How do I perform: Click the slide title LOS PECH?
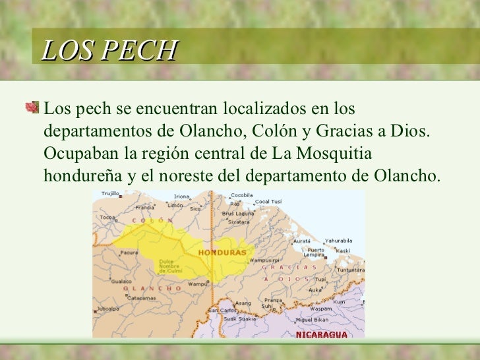pyautogui.click(x=110, y=51)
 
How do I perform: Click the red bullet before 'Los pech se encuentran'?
pyautogui.click(x=33, y=106)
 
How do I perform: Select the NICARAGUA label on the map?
pyautogui.click(x=321, y=334)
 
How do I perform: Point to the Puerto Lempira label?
pyautogui.click(x=315, y=253)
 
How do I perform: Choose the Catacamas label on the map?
pyautogui.click(x=141, y=298)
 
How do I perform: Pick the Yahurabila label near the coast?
pyautogui.click(x=338, y=241)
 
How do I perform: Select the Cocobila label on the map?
pyautogui.click(x=242, y=195)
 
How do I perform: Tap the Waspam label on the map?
pyautogui.click(x=321, y=308)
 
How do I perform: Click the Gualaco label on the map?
pyautogui.click(x=121, y=282)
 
